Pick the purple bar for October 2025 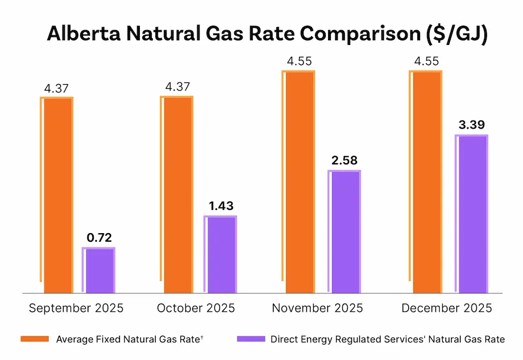[221, 254]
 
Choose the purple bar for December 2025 [471, 214]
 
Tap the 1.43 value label [221, 206]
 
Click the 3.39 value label [471, 125]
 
